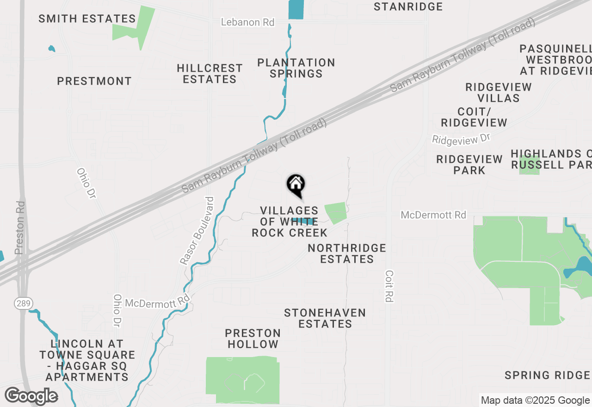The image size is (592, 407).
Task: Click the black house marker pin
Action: (296, 185)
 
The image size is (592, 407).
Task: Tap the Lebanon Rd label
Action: (247, 22)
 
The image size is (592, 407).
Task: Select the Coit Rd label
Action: (389, 286)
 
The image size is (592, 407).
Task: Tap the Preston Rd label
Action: (19, 228)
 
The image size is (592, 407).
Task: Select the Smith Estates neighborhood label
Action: (87, 19)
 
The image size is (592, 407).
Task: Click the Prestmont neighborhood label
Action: (94, 81)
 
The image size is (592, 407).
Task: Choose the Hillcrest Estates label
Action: (210, 74)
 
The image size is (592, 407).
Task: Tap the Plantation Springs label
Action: (296, 68)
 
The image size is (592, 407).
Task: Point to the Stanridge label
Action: (408, 7)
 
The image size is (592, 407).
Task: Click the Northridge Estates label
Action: (347, 253)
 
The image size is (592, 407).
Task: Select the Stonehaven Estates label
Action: (325, 318)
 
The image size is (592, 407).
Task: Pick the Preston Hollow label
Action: (253, 339)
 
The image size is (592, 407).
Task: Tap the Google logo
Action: (31, 396)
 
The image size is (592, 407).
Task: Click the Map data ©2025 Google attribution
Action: (535, 401)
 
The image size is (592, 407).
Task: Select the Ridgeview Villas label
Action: (499, 92)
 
